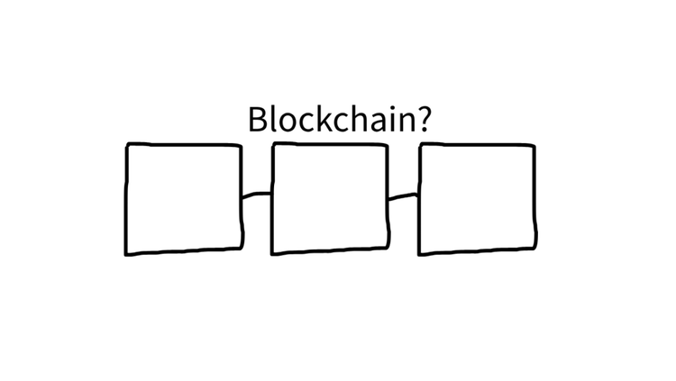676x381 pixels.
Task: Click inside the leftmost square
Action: click(x=184, y=199)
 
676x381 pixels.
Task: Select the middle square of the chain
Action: click(x=330, y=199)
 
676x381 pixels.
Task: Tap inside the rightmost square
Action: click(x=478, y=199)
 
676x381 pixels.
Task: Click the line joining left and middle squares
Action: click(x=257, y=194)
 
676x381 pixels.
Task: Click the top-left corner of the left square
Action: click(x=127, y=145)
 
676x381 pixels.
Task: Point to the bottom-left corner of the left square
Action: click(x=127, y=254)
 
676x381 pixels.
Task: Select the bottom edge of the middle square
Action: click(x=330, y=253)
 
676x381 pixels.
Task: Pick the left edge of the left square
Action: click(x=126, y=199)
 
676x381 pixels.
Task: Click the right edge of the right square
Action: click(x=534, y=199)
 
